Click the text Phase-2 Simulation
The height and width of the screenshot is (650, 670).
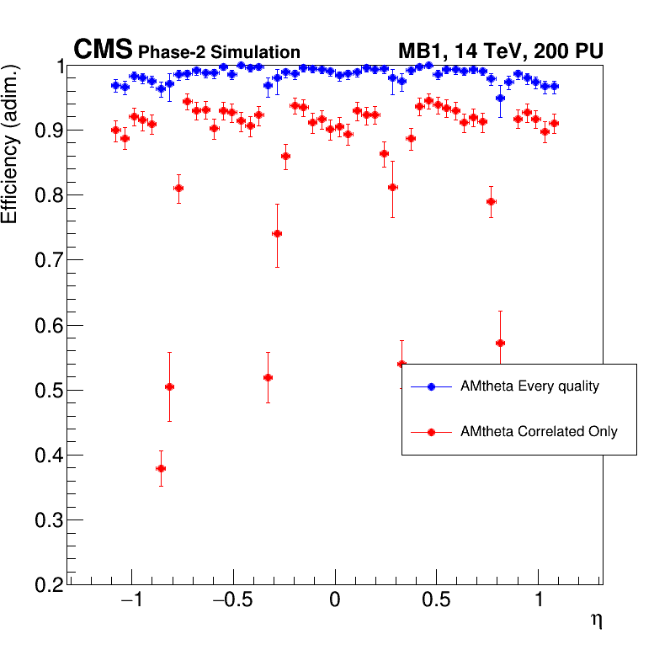point(219,53)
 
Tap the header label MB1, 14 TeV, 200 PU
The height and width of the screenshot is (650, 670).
point(500,51)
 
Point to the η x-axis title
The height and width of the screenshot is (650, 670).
point(596,621)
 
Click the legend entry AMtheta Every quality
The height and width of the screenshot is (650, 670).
point(529,386)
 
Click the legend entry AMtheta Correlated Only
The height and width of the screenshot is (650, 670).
point(539,432)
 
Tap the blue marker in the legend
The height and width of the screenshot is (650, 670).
point(431,386)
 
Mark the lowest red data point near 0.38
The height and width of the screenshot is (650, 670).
point(161,468)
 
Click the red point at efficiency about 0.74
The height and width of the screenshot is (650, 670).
point(277,234)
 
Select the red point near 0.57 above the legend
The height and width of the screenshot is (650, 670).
point(500,343)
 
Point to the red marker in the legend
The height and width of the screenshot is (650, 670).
point(431,432)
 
